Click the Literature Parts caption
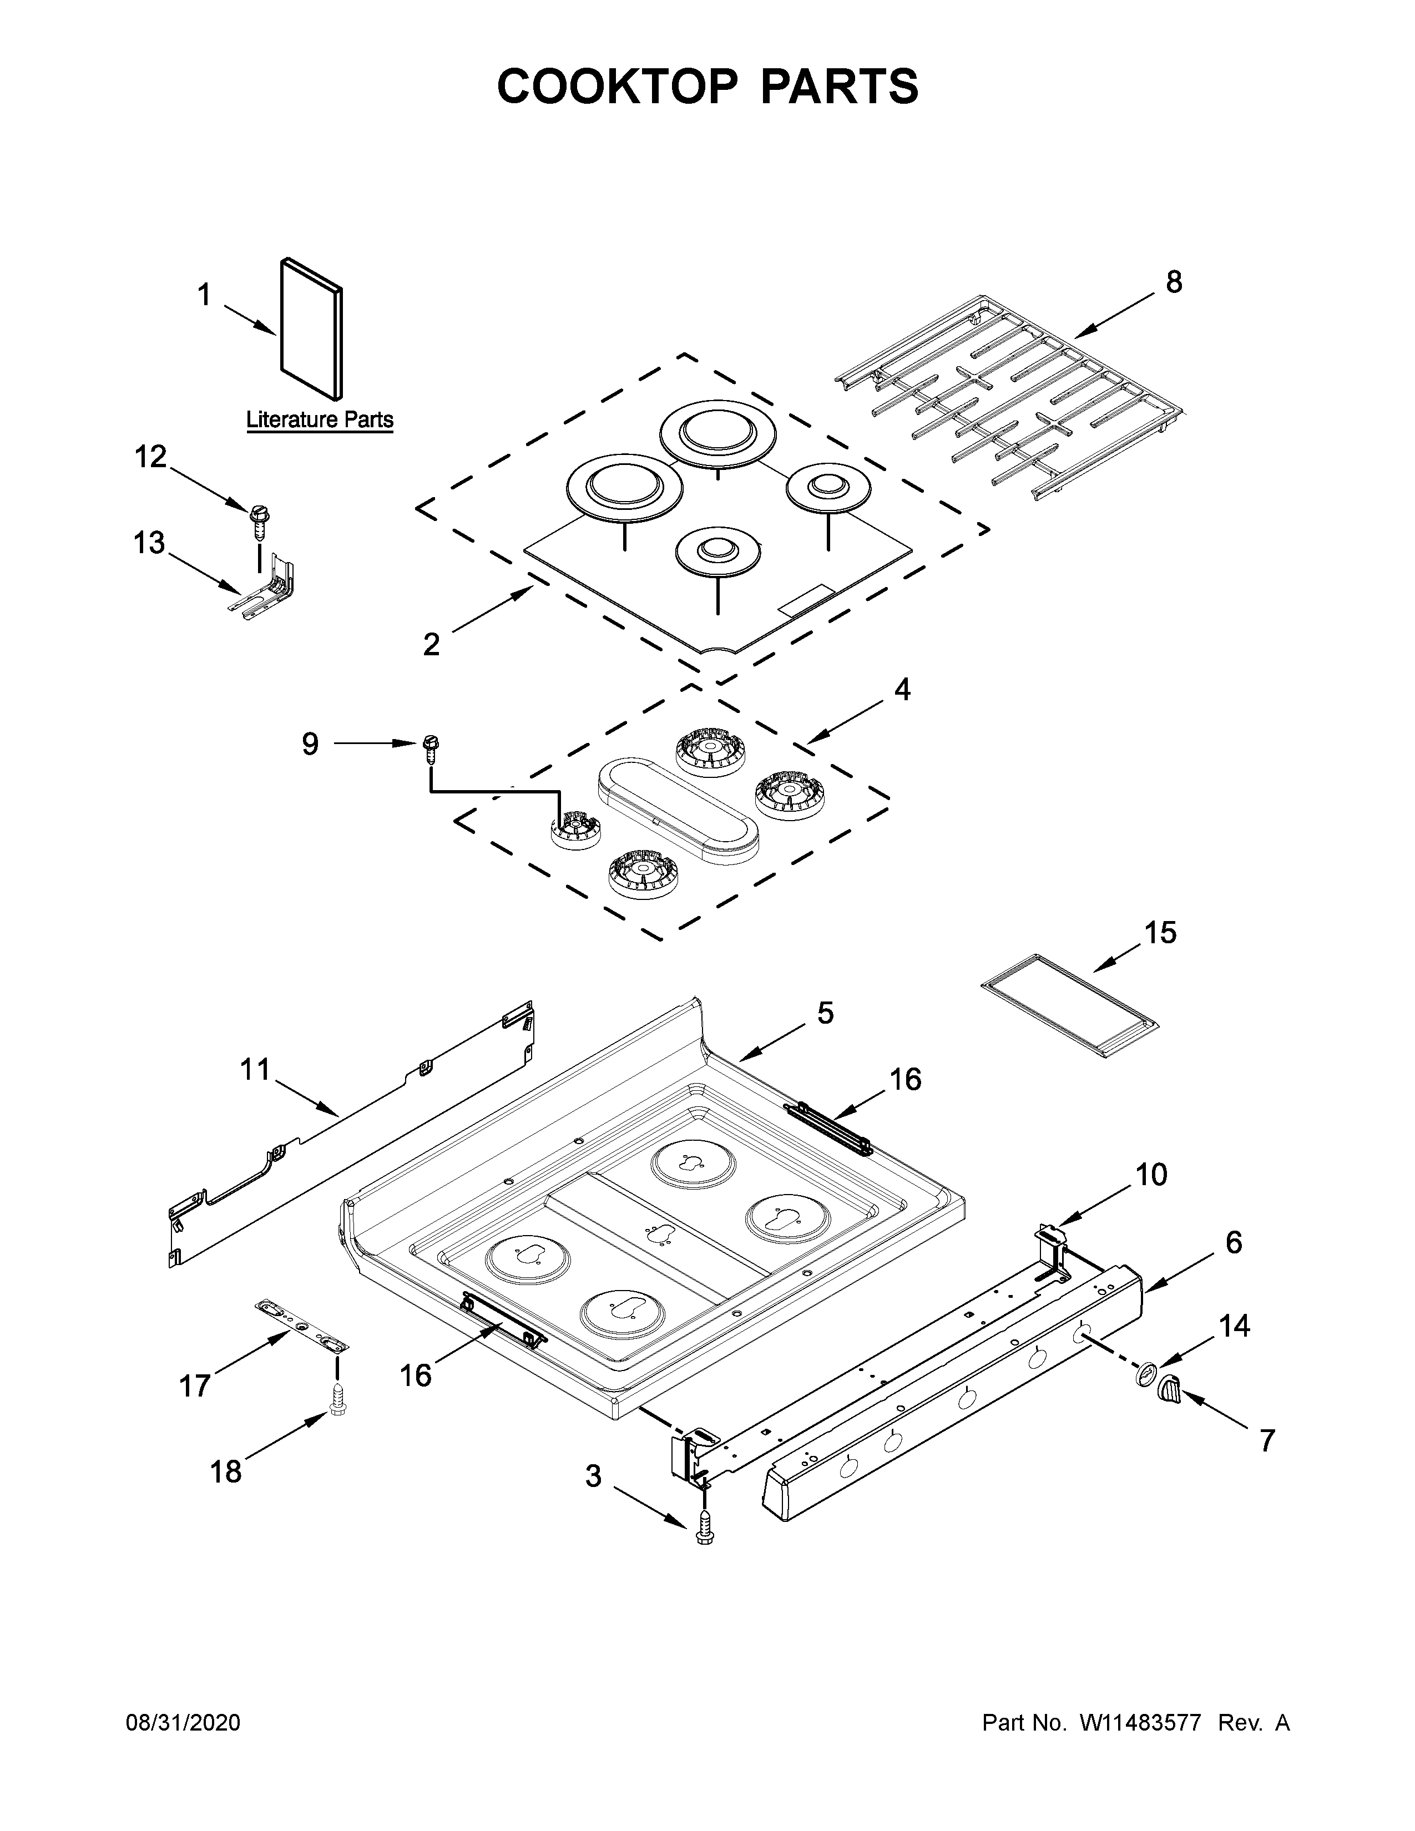320,419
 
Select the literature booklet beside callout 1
310,328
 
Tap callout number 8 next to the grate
1174,282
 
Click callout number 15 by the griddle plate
1160,932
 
